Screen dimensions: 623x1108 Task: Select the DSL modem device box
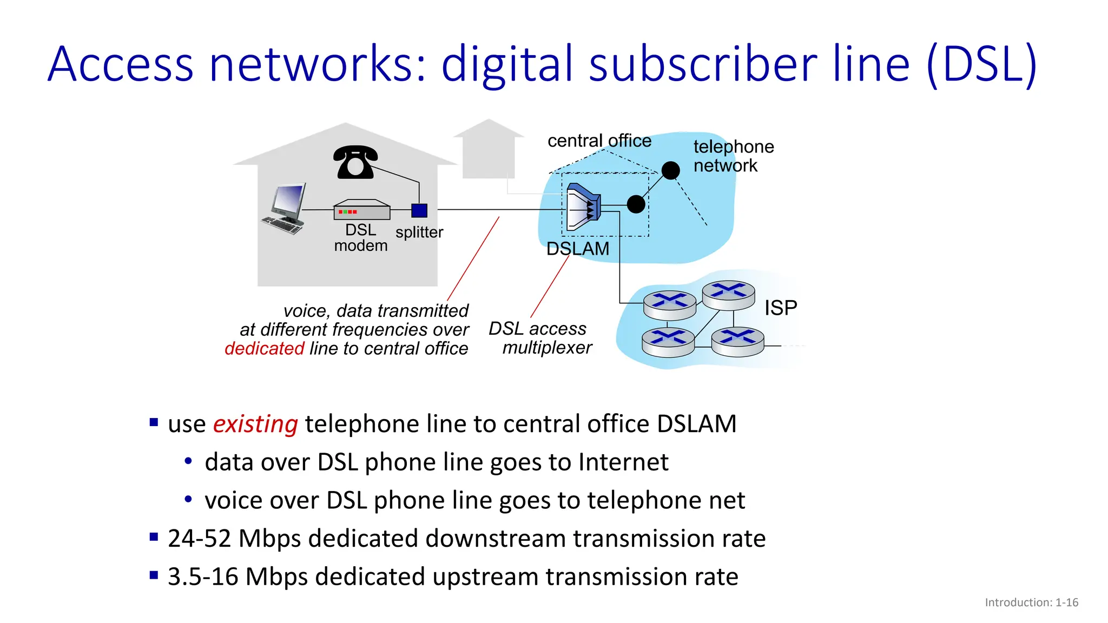361,210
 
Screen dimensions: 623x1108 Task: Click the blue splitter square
419,210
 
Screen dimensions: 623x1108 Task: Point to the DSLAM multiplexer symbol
583,207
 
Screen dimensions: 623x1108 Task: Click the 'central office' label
599,141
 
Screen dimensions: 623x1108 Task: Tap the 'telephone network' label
733,156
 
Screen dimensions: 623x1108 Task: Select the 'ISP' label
780,308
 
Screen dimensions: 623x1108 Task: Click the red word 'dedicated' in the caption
265,348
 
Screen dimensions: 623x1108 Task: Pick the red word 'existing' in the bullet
255,424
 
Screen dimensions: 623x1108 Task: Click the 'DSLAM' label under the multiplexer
577,249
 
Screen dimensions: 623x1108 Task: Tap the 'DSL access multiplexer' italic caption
540,338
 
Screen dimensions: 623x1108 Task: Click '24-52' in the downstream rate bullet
199,539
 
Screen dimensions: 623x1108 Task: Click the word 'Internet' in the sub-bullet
623,462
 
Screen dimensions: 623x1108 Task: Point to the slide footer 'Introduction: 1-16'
1031,602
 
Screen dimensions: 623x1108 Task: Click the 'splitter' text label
419,233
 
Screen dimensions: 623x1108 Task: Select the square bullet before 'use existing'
154,422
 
